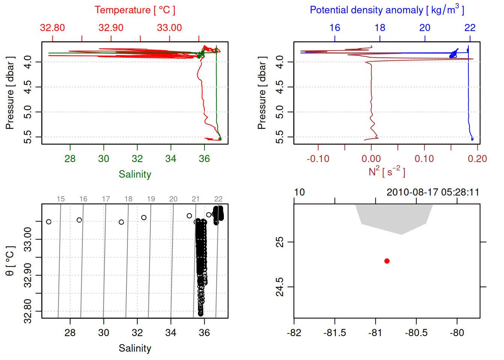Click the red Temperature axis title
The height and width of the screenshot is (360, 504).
(x=135, y=10)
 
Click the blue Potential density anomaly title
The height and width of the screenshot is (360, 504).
(x=387, y=10)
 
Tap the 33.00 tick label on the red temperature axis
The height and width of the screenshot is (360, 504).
(x=169, y=28)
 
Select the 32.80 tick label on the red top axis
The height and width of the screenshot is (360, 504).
(x=52, y=28)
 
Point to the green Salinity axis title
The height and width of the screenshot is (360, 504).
(x=135, y=174)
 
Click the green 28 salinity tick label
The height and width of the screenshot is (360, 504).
(x=70, y=159)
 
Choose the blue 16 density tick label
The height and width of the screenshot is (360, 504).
(x=334, y=28)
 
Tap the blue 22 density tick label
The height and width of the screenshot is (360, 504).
(x=469, y=28)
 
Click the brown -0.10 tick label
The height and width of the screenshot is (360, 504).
(x=318, y=159)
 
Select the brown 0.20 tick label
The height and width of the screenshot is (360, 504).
(x=477, y=159)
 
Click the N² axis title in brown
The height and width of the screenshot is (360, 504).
(x=387, y=172)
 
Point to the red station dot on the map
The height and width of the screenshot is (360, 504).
(x=387, y=261)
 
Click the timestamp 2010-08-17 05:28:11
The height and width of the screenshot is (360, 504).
(x=433, y=192)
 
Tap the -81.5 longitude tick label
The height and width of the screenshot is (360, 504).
(x=334, y=333)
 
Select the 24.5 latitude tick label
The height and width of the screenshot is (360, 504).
(x=280, y=287)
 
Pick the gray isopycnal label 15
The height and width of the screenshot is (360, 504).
(x=61, y=199)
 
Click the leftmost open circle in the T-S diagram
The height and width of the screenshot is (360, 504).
(x=49, y=222)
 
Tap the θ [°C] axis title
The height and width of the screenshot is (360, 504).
(x=10, y=261)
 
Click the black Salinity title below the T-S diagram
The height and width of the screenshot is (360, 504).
(x=135, y=348)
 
